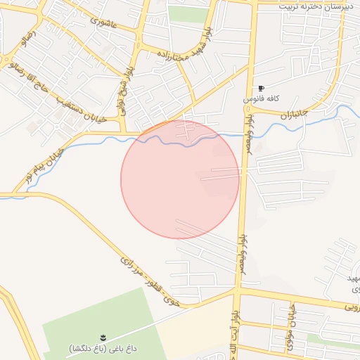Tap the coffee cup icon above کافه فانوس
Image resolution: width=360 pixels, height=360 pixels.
coord(262,89)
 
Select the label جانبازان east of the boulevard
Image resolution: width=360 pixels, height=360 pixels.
coord(295,113)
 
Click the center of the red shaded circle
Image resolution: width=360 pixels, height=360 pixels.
coord(180,179)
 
